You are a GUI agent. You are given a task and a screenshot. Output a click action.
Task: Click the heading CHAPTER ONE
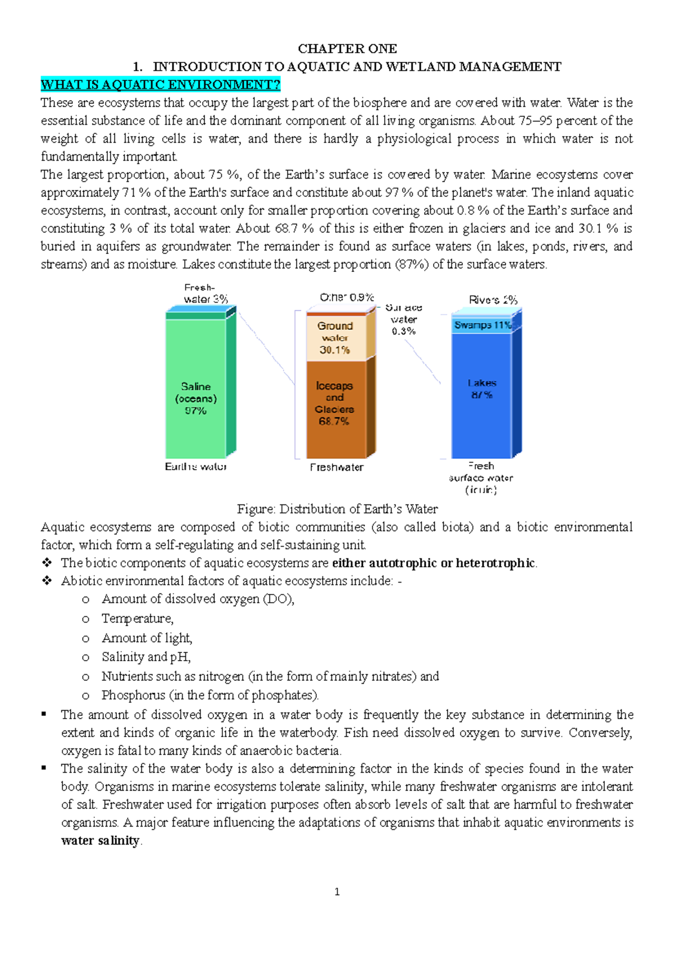[x=347, y=49]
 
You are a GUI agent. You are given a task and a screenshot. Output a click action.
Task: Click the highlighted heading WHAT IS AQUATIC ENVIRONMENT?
[x=160, y=85]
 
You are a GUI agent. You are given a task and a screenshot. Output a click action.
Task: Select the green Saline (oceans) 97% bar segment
[x=195, y=393]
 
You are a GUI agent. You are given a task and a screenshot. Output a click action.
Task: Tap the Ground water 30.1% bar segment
[x=335, y=338]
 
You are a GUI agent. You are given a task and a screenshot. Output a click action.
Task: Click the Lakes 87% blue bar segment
[x=482, y=393]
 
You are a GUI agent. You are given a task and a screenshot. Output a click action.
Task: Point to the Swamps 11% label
[x=482, y=325]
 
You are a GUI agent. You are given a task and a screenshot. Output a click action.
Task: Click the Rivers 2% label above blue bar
[x=493, y=300]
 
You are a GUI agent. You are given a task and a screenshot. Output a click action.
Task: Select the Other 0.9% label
[x=347, y=297]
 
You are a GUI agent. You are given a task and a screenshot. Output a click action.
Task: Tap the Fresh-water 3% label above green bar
[x=204, y=294]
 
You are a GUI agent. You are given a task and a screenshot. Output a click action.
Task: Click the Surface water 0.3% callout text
[x=403, y=319]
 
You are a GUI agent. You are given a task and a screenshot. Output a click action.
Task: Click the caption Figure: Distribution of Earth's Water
[x=337, y=509]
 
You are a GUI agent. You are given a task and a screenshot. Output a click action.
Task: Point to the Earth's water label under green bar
[x=195, y=467]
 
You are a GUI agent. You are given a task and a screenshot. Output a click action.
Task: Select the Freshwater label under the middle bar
[x=336, y=467]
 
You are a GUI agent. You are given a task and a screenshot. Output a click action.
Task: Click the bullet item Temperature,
[x=138, y=619]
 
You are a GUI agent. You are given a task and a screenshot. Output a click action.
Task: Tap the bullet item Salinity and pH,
[x=146, y=657]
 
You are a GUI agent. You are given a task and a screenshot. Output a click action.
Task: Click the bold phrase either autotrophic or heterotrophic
[x=434, y=563]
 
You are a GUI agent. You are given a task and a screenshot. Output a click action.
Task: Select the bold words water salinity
[x=100, y=841]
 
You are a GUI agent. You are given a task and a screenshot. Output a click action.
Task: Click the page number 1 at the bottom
[x=337, y=892]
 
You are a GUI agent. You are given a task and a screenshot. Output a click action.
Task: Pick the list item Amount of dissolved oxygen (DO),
[x=198, y=599]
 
